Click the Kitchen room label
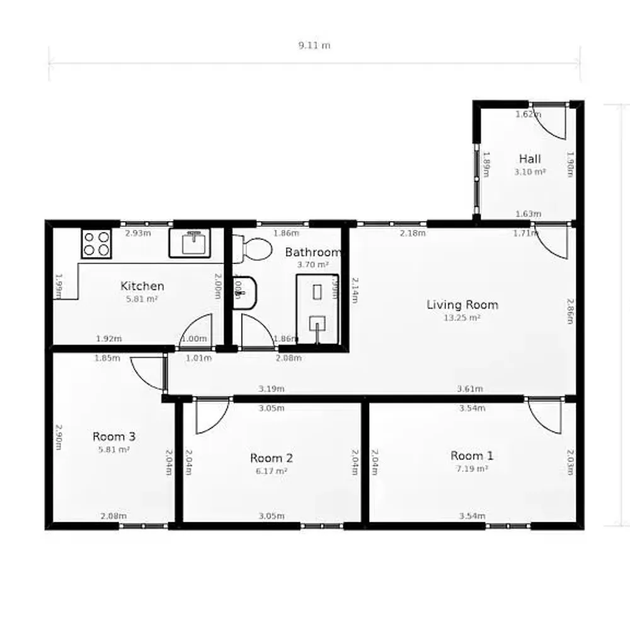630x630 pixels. coord(142,287)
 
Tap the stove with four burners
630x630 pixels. coord(96,243)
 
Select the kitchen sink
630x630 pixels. coord(193,243)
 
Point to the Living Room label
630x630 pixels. coord(462,305)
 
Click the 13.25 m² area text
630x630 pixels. coord(462,318)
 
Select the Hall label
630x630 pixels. coord(530,159)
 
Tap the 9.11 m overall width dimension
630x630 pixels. coord(314,45)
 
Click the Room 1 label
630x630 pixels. coord(472,455)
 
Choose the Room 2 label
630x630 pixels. coord(272,458)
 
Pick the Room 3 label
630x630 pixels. coord(114,436)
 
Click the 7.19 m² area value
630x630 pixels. coord(472,469)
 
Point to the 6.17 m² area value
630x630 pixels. coord(272,471)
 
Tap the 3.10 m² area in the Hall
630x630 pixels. coord(530,171)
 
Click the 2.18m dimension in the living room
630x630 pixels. coord(413,234)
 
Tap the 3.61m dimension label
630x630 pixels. coord(470,389)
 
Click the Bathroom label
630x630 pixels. coord(313,253)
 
